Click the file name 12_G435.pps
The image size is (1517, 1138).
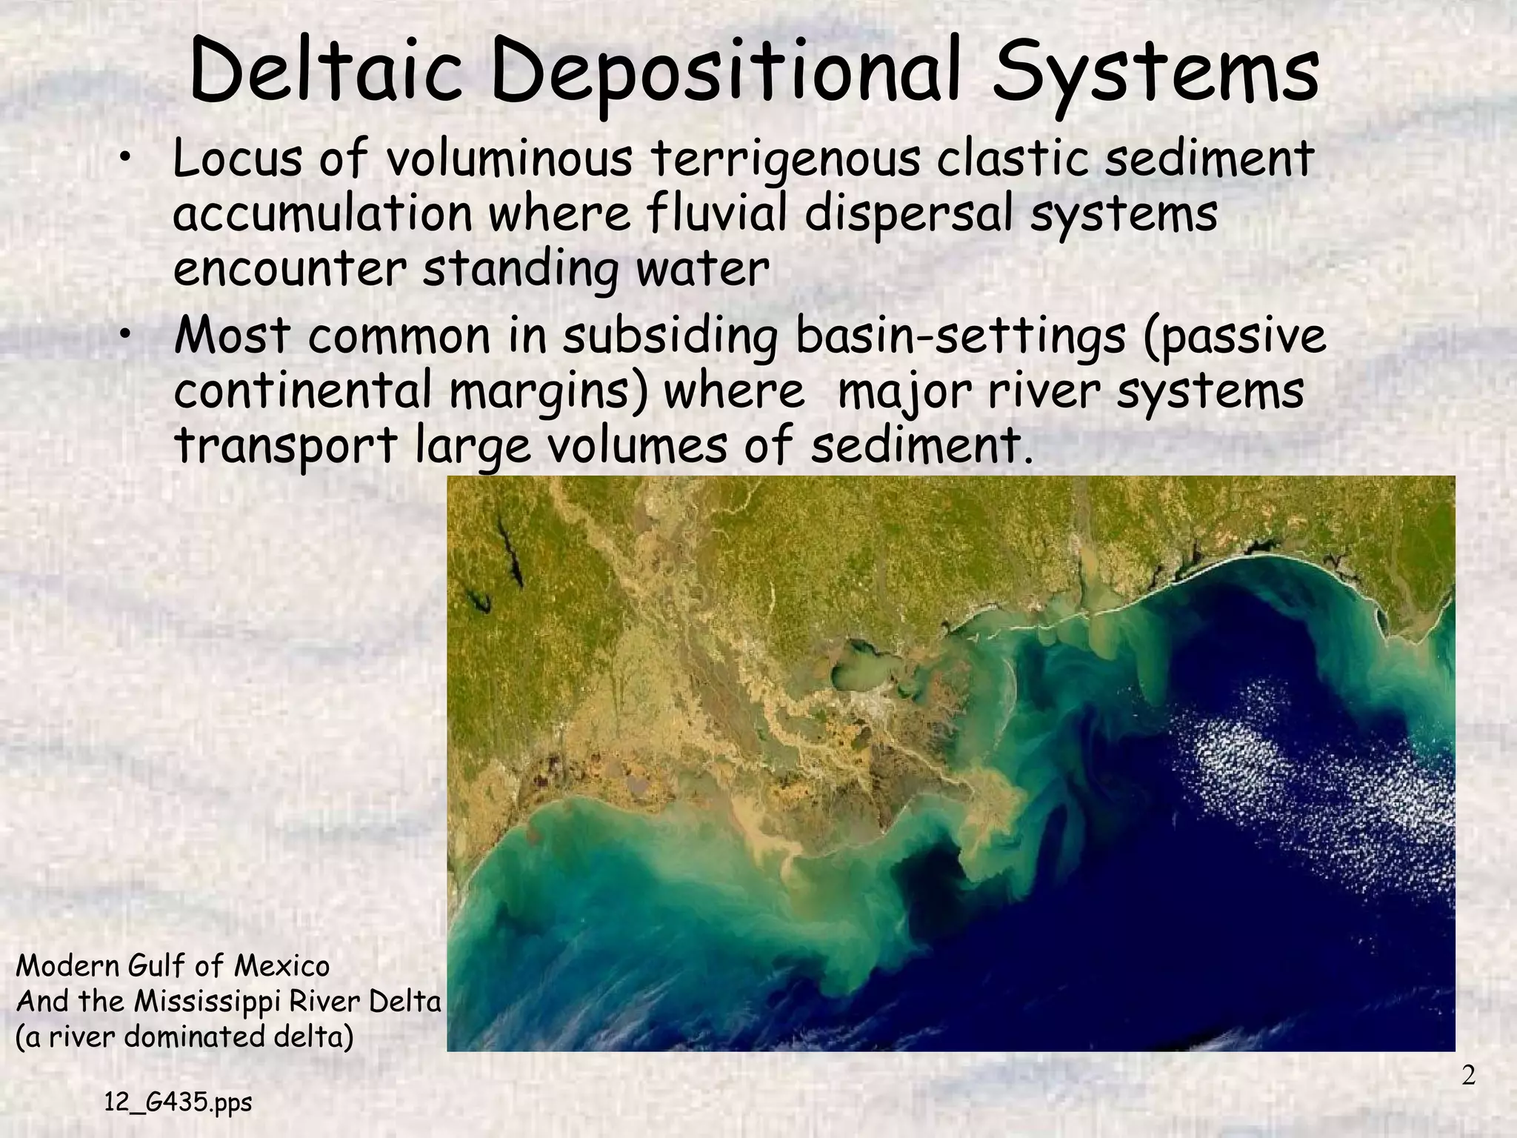[x=178, y=1103]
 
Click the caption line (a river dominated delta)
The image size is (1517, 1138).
[x=184, y=1036]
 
